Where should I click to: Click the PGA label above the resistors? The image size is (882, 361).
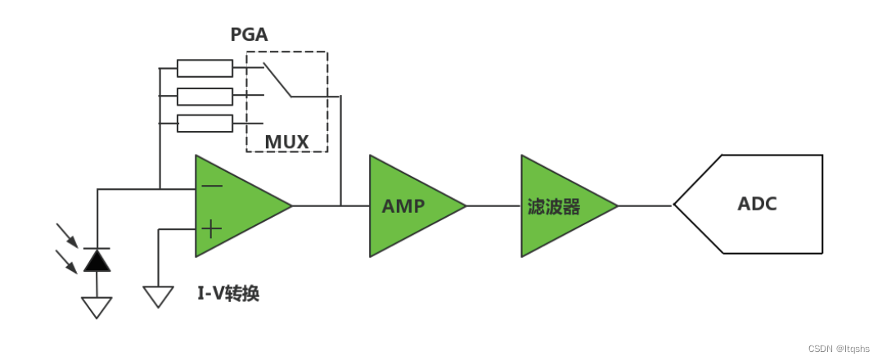[248, 35]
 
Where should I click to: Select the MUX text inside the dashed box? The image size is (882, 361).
[286, 142]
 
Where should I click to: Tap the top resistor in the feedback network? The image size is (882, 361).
[205, 68]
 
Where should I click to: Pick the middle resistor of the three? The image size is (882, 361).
[205, 97]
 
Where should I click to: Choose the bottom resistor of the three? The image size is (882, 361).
[205, 124]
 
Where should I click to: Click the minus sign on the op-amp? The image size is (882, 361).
[211, 186]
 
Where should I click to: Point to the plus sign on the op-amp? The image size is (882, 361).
[211, 229]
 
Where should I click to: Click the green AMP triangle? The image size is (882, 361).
[409, 206]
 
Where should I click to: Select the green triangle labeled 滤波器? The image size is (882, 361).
[560, 206]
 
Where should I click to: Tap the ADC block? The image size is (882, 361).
[757, 204]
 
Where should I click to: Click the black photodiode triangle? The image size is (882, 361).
[97, 260]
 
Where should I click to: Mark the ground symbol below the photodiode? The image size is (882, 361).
[97, 307]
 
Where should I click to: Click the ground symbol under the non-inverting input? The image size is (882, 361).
[158, 296]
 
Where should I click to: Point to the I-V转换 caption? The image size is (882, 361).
[228, 294]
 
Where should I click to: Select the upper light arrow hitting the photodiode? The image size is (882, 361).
[67, 235]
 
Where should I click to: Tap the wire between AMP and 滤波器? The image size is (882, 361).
[493, 206]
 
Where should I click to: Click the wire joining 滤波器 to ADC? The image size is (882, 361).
[645, 206]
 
